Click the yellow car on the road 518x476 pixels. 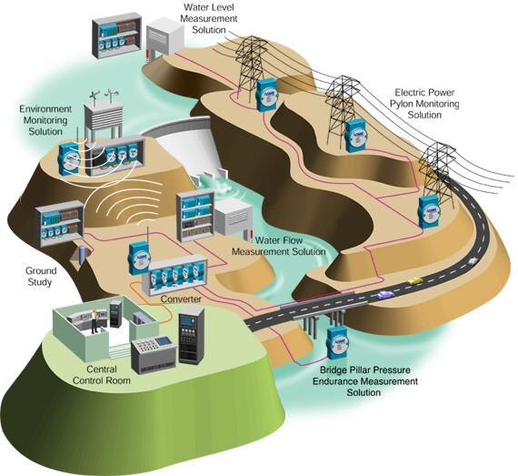point(414,281)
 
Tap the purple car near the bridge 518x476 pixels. point(385,294)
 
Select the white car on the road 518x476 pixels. point(473,260)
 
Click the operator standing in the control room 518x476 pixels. point(95,320)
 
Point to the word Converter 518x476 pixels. point(181,299)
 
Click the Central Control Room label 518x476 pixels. point(102,375)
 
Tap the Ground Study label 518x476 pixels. point(40,277)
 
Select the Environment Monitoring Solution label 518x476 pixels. point(45,120)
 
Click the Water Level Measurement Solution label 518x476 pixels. point(209,18)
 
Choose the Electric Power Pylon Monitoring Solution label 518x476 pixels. point(424,104)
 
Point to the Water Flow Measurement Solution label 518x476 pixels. point(278,246)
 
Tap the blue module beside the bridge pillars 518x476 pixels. point(337,343)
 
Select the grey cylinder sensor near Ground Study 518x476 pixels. point(83,255)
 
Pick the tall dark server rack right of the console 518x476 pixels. point(191,335)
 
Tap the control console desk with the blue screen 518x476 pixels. point(153,354)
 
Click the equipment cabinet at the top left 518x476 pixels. point(117,35)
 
